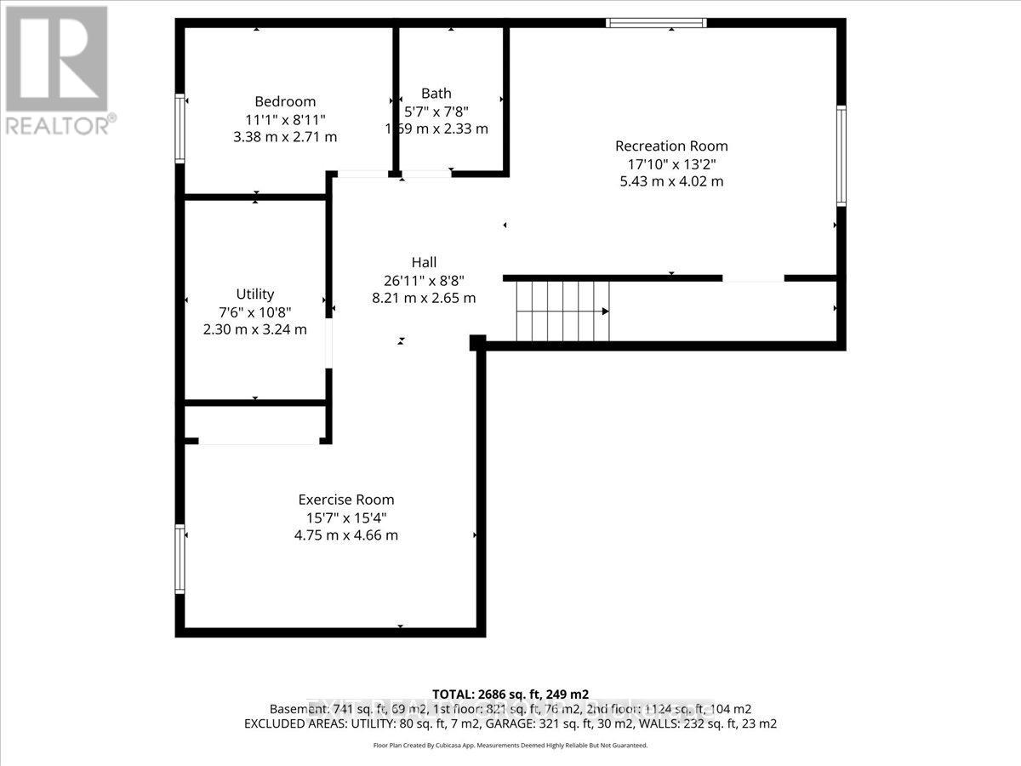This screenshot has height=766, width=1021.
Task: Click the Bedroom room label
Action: (x=285, y=101)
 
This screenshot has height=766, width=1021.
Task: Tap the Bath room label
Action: (x=436, y=94)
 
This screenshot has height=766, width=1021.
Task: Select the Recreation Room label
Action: (x=671, y=146)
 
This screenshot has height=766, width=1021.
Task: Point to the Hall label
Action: (x=423, y=263)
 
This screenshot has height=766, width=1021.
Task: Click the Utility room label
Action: (x=255, y=294)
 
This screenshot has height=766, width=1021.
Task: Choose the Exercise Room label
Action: (x=345, y=500)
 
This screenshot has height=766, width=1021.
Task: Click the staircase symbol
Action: (x=563, y=311)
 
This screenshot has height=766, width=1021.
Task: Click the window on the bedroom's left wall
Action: (x=180, y=128)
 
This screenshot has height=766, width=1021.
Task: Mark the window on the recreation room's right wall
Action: (x=841, y=155)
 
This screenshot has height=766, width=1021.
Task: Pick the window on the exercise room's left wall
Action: (x=180, y=559)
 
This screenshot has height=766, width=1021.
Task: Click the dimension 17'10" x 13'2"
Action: (x=671, y=163)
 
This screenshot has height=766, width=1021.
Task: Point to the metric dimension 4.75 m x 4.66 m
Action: (x=345, y=535)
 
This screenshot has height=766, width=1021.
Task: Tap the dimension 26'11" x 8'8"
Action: (x=423, y=280)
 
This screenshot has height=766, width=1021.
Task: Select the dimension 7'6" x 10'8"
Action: (x=255, y=312)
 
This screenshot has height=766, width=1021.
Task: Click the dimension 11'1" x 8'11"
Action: (x=285, y=119)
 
